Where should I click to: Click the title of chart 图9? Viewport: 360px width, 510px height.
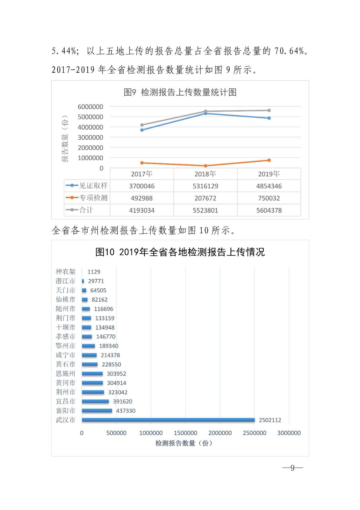(180, 92)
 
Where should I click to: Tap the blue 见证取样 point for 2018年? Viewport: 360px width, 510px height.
(205, 113)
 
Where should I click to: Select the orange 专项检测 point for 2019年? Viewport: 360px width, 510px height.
(269, 160)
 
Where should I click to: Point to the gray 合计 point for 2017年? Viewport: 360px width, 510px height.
(142, 125)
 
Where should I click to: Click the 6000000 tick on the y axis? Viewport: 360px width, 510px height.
(90, 107)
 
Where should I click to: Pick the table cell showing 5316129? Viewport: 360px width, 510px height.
(205, 186)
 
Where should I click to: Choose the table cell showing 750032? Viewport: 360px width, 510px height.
(269, 198)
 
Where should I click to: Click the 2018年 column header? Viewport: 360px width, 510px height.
(205, 174)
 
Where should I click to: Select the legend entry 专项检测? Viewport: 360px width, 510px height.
(87, 198)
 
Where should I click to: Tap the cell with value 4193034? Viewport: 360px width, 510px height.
(142, 210)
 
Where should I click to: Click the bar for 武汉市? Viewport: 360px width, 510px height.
(168, 420)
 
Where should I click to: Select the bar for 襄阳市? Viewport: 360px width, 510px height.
(97, 411)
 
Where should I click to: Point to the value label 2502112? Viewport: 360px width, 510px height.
(270, 420)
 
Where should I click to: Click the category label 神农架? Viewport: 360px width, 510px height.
(65, 272)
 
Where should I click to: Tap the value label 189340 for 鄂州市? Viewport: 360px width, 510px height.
(109, 346)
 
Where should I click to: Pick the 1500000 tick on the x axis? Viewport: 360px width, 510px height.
(185, 433)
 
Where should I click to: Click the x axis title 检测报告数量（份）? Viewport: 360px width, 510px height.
(184, 443)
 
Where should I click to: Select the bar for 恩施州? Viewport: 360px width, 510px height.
(92, 374)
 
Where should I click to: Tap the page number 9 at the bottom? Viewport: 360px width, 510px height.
(292, 468)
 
